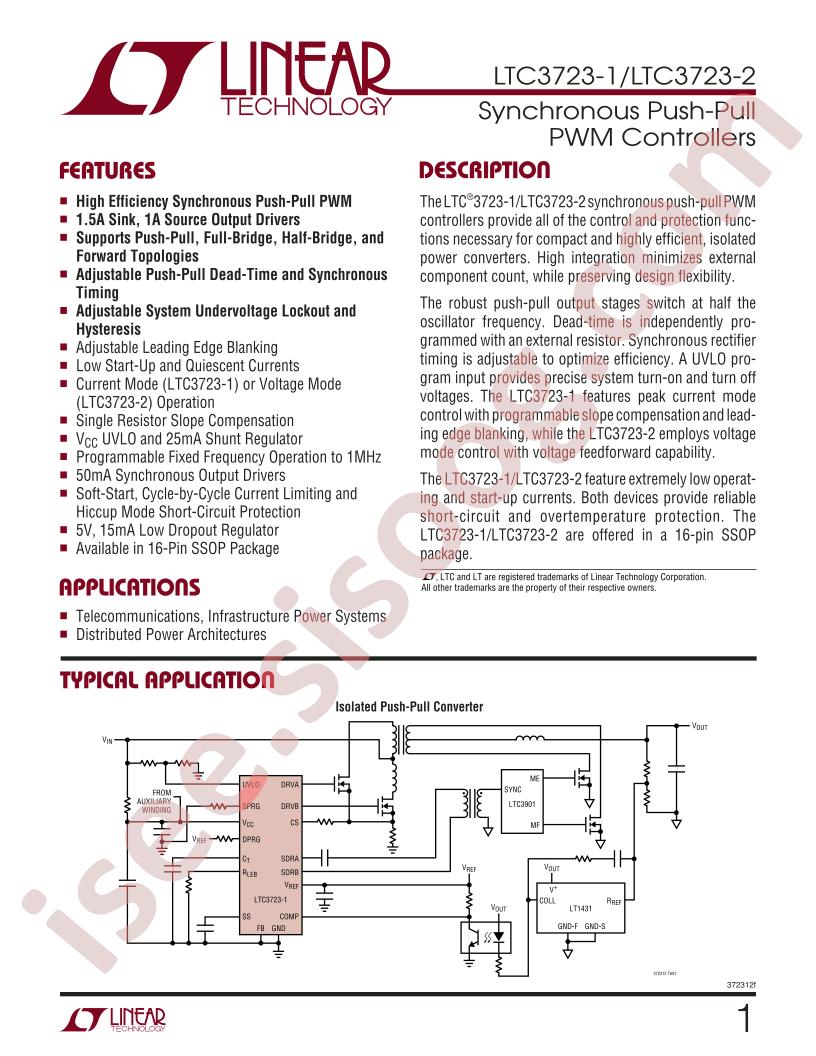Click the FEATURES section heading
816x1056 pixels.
click(107, 169)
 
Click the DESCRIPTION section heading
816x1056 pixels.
click(483, 169)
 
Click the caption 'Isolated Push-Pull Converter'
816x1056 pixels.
click(409, 707)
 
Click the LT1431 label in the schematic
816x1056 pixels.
click(581, 909)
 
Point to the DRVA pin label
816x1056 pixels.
click(291, 785)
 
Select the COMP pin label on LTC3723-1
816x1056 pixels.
click(290, 915)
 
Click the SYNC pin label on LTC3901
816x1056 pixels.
click(513, 788)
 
